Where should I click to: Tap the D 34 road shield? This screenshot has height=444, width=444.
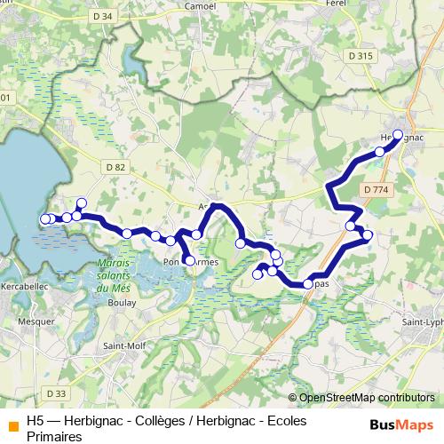coord(103,15)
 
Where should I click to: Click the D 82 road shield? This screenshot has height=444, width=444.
coord(115,167)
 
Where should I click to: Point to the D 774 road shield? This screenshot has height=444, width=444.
coord(376,189)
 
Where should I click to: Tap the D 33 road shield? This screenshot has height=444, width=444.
coord(55,393)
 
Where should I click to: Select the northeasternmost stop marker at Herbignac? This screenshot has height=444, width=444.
coord(397,135)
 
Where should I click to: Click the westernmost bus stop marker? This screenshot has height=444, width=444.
coord(46,218)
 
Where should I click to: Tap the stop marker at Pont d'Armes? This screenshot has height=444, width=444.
coord(188,260)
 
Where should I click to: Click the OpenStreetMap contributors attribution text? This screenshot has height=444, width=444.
coord(366,398)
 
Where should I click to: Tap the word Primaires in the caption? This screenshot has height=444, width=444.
coord(54,436)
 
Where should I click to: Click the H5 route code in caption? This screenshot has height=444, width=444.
coord(35,422)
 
